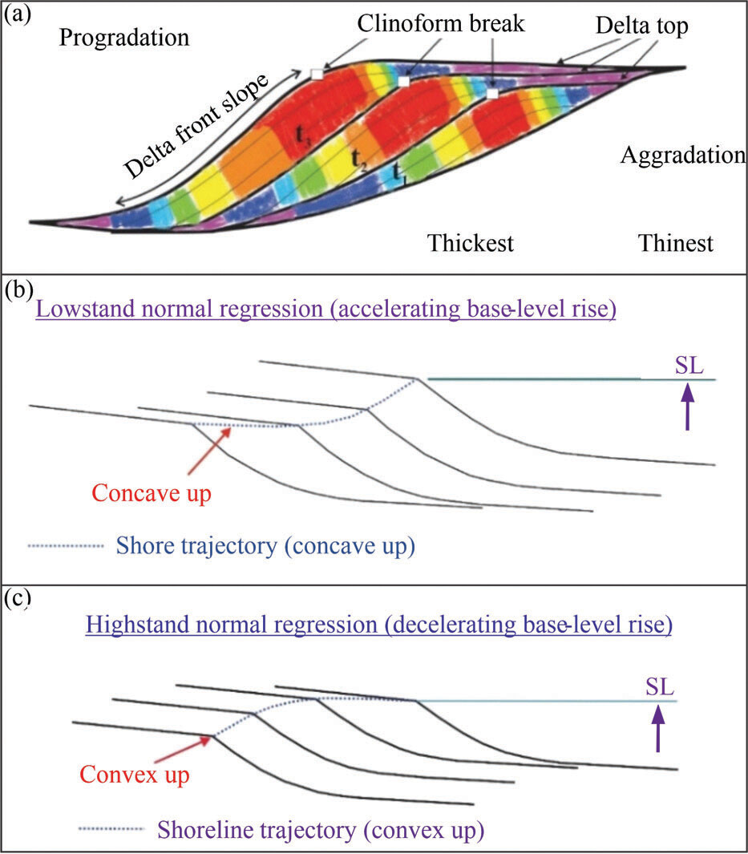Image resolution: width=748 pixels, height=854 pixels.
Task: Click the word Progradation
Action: click(124, 38)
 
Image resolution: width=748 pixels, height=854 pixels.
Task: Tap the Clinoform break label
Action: click(441, 23)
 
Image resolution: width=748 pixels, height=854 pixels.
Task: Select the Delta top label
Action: click(642, 26)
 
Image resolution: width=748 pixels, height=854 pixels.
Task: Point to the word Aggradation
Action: click(683, 156)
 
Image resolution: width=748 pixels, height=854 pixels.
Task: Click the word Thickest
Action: click(471, 243)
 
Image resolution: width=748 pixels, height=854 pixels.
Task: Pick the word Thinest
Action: click(676, 243)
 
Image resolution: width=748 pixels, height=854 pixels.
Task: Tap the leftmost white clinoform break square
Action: click(317, 74)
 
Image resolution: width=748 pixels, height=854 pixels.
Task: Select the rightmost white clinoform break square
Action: click(492, 94)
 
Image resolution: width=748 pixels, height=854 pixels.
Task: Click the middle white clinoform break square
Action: click(403, 82)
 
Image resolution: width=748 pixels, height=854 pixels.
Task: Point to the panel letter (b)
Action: click(18, 289)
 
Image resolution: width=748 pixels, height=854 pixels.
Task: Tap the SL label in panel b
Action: click(689, 366)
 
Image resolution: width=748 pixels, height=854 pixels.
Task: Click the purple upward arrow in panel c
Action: click(658, 728)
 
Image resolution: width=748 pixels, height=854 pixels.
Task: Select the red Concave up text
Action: click(152, 493)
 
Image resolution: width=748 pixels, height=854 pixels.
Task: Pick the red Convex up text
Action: click(135, 775)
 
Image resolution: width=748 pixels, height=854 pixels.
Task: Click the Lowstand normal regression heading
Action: click(325, 310)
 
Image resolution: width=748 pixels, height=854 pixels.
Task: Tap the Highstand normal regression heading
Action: click(379, 625)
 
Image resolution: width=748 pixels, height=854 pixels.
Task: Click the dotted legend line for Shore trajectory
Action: click(66, 546)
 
